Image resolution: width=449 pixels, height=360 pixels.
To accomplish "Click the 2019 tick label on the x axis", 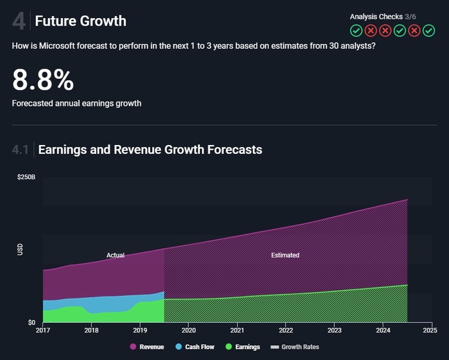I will point(140,331).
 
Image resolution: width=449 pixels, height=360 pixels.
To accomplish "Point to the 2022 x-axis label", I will point(286,331).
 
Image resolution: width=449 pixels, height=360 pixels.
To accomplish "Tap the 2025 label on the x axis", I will point(430,331).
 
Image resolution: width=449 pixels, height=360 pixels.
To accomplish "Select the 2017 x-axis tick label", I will point(43,331).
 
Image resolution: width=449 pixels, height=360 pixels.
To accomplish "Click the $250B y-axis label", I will point(26,176).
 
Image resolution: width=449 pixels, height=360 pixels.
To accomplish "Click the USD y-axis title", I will point(21,250).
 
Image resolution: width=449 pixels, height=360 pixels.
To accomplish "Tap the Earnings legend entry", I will point(243,347).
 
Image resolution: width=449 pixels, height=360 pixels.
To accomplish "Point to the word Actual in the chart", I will point(115,255).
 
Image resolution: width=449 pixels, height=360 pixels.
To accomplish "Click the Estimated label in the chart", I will point(285,255).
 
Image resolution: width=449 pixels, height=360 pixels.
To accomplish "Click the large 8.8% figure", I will point(43,80).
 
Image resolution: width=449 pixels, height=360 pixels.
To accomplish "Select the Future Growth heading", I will point(80,21).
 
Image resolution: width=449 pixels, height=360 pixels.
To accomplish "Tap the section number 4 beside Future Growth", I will point(19,21).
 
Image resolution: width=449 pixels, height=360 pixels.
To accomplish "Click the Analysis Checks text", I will point(377,16).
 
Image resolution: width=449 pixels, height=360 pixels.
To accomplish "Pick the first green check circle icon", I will point(356,30).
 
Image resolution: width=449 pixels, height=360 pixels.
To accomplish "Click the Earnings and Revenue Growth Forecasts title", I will point(150,150).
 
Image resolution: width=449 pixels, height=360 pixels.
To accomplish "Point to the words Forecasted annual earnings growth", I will point(76,103).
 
